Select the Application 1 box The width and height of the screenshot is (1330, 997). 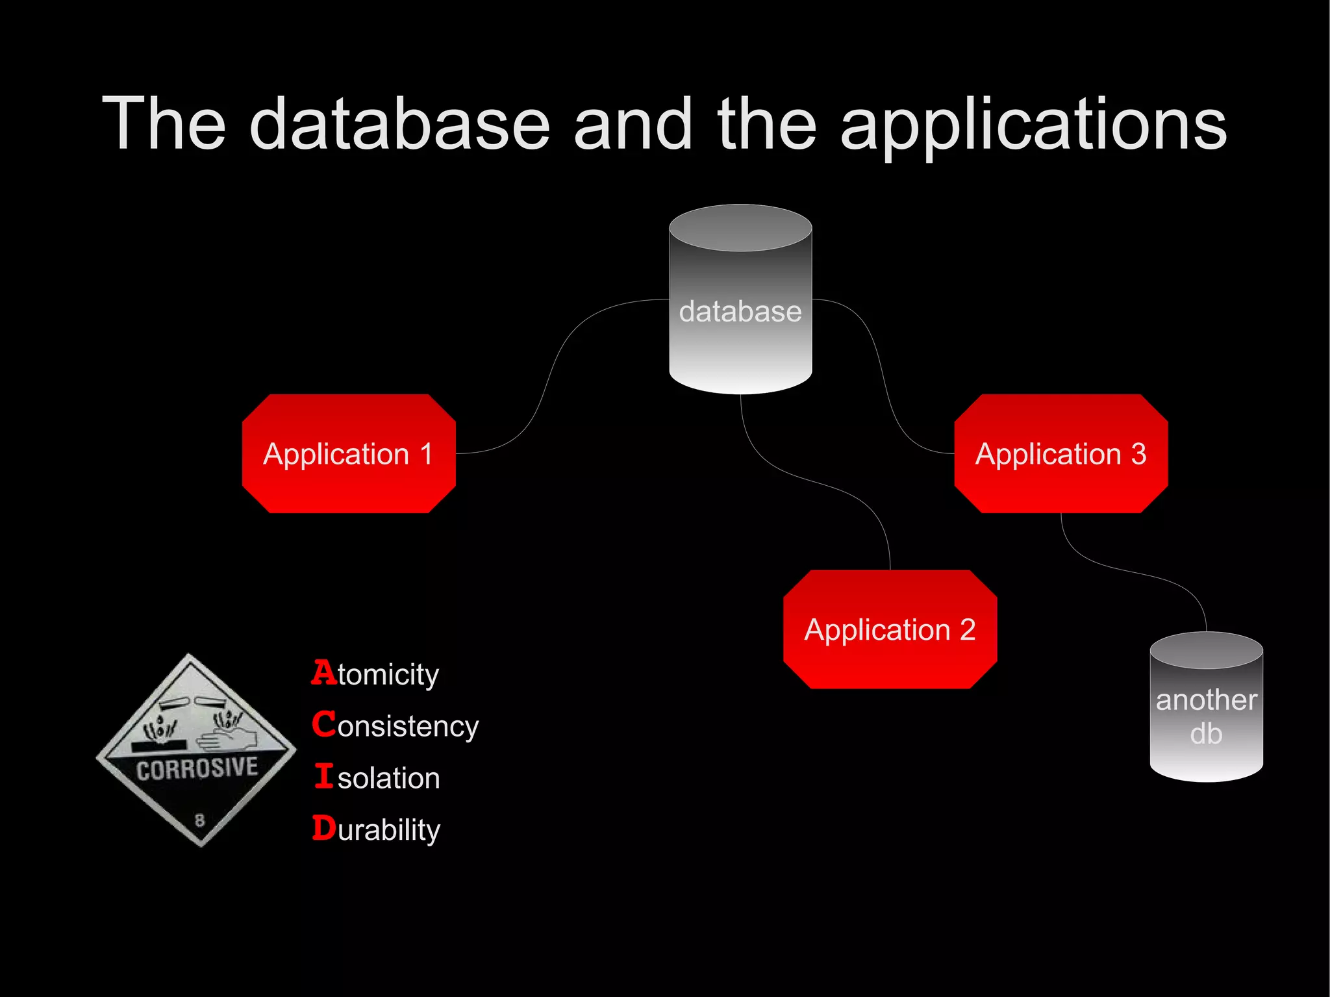click(x=349, y=453)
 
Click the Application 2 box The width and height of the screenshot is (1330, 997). click(x=890, y=629)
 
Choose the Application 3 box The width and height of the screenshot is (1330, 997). click(x=1060, y=453)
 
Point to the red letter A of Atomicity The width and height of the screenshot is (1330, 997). click(x=323, y=672)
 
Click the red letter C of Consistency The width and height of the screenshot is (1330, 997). click(x=323, y=724)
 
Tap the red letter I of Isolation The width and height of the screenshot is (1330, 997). click(x=323, y=776)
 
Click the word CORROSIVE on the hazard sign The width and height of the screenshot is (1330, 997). click(x=197, y=769)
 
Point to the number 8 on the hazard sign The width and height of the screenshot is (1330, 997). click(x=199, y=820)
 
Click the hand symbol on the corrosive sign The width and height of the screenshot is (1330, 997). click(x=227, y=738)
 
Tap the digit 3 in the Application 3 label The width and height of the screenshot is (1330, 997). click(x=1138, y=453)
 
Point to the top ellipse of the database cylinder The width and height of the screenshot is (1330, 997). click(x=740, y=228)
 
